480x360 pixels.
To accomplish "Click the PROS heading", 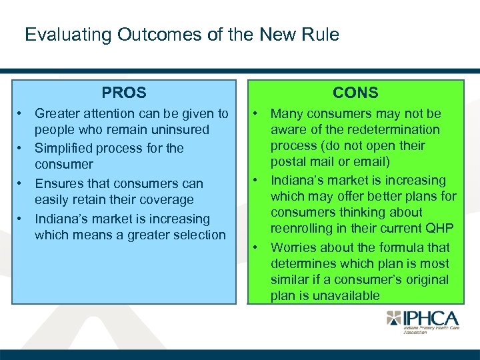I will click(x=124, y=93).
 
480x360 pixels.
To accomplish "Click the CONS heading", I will click(x=355, y=93).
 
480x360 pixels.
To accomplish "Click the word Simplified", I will click(x=63, y=148).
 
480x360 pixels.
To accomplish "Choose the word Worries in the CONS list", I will click(x=294, y=247).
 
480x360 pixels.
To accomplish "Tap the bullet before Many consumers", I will click(x=256, y=114).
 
